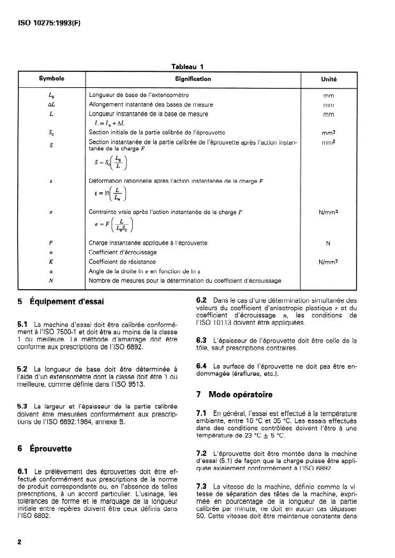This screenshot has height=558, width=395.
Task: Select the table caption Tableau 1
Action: click(187, 66)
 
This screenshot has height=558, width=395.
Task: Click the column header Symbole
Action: click(51, 80)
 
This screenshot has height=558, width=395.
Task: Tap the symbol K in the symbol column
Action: click(50, 261)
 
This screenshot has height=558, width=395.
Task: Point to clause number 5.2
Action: click(22, 369)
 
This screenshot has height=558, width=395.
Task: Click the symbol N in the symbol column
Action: click(50, 280)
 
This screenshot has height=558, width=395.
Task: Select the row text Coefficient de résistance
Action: click(121, 261)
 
